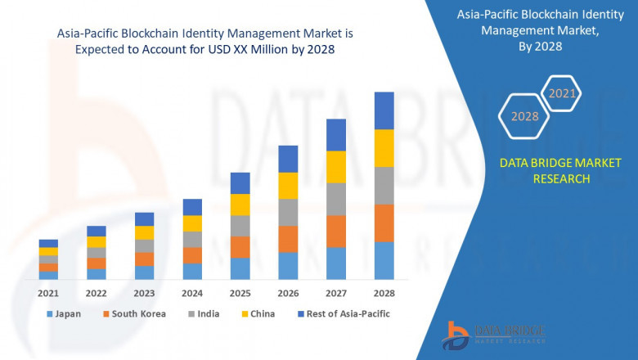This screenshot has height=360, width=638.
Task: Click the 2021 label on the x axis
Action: coord(48,293)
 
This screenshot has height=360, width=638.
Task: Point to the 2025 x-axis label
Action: coord(240,293)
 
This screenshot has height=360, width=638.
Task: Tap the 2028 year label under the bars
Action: coord(384,293)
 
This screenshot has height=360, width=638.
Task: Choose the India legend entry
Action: coord(206,313)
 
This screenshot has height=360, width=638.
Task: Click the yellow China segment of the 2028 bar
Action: coord(384,148)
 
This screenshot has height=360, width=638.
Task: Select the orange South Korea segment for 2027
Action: coord(335,231)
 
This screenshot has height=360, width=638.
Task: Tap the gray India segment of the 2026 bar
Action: coord(288,212)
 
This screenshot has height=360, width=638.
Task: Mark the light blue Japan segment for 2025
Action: coord(240,268)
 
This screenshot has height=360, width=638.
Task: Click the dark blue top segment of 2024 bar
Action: coord(192,207)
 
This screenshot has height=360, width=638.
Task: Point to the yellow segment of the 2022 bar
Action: coord(97,242)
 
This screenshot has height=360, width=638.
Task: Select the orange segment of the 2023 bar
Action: coord(144,259)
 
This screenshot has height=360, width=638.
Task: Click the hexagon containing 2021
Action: coord(562,93)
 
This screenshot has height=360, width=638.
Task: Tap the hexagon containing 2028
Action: coord(524,116)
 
